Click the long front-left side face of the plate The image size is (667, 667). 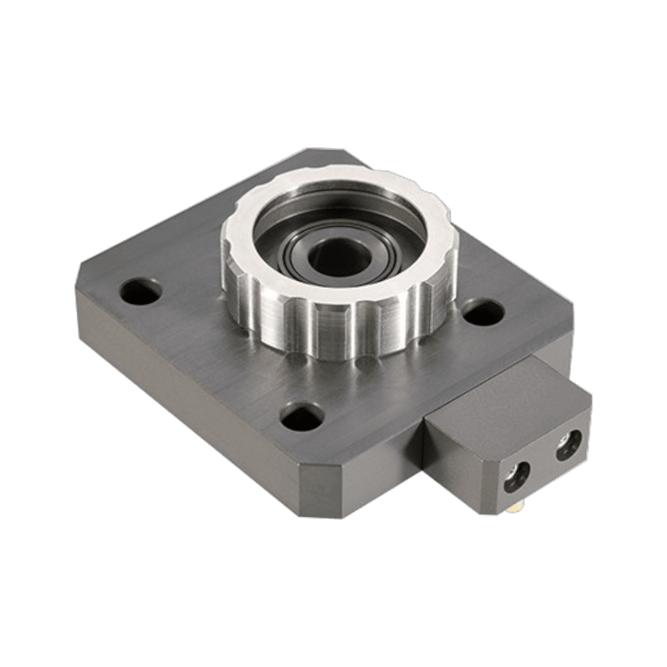pos(182,365)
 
